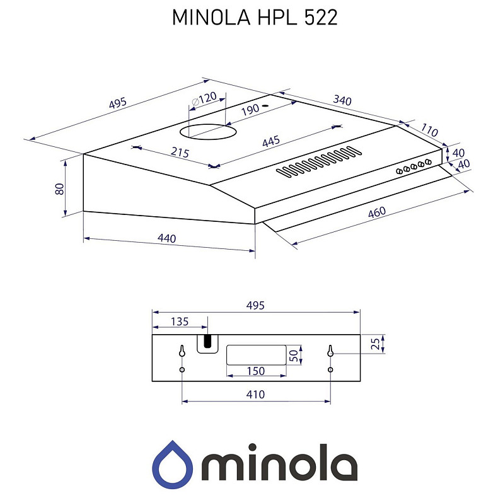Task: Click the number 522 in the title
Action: [321, 17]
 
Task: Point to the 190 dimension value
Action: [250, 109]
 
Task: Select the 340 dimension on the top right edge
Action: [342, 100]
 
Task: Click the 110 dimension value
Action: [429, 130]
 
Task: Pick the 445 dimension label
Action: [270, 142]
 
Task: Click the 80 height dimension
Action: [59, 188]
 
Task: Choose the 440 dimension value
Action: [166, 238]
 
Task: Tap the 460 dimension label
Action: [376, 213]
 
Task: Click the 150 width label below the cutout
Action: [255, 371]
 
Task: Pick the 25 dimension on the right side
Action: [375, 344]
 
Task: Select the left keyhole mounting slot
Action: [182, 351]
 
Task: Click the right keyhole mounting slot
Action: [330, 351]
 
